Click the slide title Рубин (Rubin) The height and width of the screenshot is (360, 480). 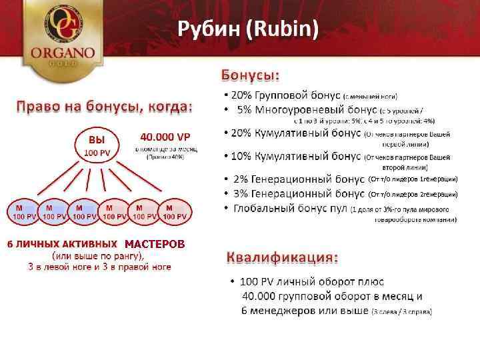247,29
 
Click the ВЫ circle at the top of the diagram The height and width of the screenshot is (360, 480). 97,147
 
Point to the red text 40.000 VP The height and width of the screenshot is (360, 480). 165,137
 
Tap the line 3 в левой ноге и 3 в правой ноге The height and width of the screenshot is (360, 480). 99,267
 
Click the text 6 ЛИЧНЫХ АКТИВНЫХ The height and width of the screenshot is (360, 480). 63,244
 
